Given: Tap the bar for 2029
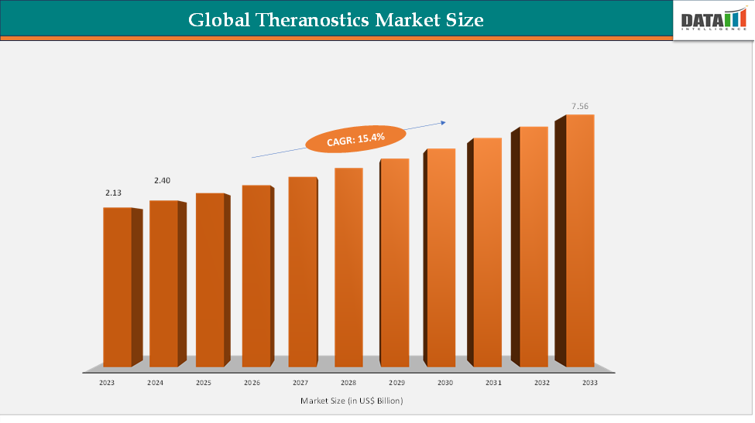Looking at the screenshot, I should coord(394,262).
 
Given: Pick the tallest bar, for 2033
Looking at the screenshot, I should coord(580,240).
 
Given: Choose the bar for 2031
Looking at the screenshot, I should coord(488,252).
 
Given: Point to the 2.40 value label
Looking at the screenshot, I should coord(162,180).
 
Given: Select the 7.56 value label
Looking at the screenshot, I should coord(581,105).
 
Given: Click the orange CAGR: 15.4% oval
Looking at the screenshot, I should coord(355,138).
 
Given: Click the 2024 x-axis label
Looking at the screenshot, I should coord(155,383).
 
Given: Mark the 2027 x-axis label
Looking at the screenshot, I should coord(301,383).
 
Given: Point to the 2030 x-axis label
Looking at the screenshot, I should coord(444,383).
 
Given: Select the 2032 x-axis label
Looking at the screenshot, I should coord(541,383).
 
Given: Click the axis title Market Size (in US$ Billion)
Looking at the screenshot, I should coord(352,401).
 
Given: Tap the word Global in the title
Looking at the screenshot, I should coord(219,19).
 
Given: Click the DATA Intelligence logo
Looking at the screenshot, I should coord(712,21).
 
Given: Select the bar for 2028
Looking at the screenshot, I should coord(348,267).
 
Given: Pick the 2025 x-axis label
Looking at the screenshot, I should coord(204,383).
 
